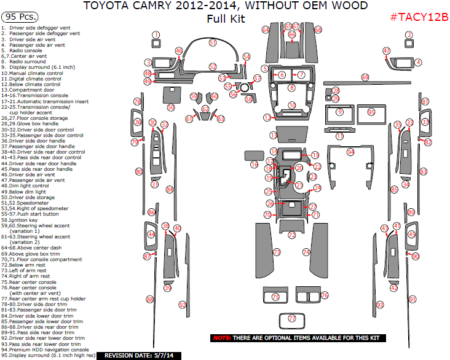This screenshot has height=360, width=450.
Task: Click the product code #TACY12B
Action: point(419,16)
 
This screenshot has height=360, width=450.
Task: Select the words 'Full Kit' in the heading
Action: point(225,18)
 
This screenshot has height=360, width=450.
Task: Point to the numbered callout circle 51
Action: point(213,42)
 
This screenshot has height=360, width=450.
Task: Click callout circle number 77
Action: point(292,318)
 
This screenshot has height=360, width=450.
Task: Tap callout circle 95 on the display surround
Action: point(371,112)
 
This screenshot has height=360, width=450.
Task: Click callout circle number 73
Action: point(277,252)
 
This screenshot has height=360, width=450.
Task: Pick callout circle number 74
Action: point(306,252)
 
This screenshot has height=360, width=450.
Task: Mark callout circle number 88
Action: point(149,299)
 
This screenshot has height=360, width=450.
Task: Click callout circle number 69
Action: point(365,77)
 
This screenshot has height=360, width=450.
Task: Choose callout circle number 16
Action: point(254,164)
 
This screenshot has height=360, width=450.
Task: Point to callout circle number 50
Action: point(170,108)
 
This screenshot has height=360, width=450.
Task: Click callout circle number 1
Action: point(156,35)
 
